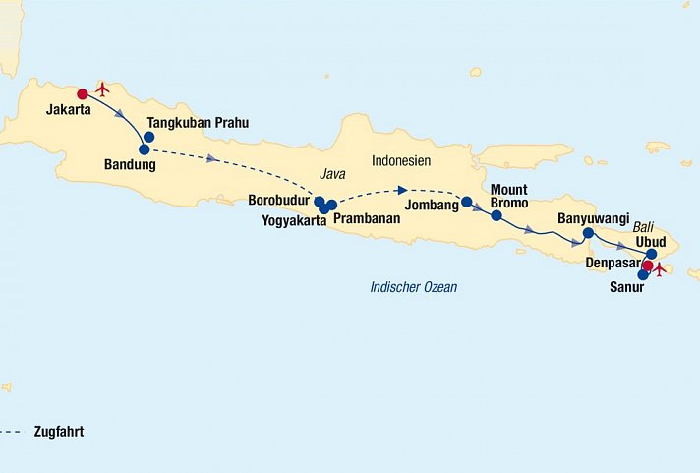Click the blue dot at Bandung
coord(145,149)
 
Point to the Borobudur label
coord(280,200)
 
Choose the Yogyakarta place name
coord(293,219)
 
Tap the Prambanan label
coord(367,218)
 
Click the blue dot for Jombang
coord(467,203)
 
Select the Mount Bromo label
coord(509,196)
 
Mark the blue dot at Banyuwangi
coord(587,233)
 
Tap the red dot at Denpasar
coord(647,265)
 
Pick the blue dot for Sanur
coord(643,274)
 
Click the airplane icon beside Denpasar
coord(660,268)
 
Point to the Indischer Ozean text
coord(413,287)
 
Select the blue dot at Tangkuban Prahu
coord(149,137)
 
